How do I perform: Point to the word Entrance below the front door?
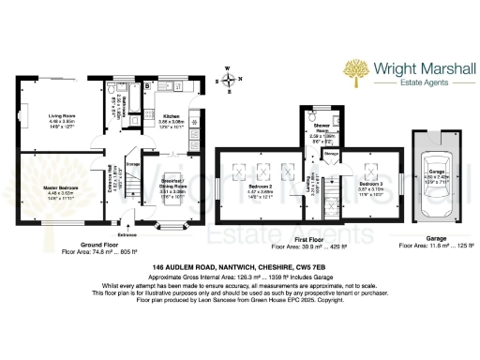pos(128,233)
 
